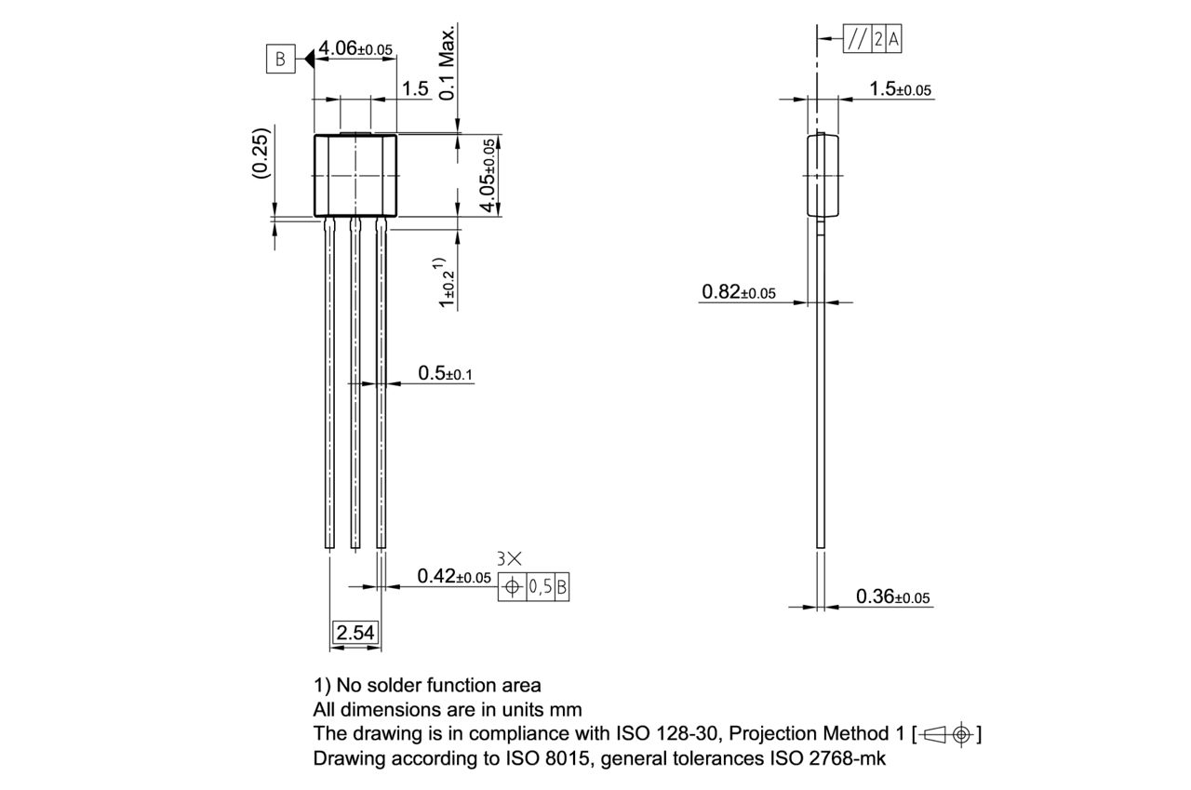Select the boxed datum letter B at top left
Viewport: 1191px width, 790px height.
point(279,60)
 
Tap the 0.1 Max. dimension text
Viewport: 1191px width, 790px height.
point(448,63)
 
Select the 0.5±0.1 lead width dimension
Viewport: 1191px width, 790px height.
point(446,373)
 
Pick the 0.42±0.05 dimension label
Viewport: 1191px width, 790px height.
point(453,577)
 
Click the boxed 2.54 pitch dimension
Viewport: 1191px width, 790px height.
point(355,634)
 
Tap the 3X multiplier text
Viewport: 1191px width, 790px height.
point(510,558)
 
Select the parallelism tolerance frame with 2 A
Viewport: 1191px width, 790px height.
point(872,40)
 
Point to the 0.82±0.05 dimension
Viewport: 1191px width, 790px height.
point(738,292)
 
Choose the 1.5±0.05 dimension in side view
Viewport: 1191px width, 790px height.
point(900,89)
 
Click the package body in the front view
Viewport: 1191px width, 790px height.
point(355,175)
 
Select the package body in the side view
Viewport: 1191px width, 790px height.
point(822,175)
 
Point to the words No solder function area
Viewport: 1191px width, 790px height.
point(438,686)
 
